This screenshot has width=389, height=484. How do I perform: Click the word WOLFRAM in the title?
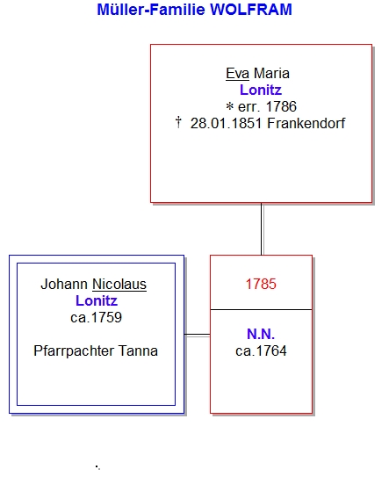coord(251,10)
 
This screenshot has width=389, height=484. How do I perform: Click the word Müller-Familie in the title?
coord(151,10)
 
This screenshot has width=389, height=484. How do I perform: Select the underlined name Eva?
coord(238,74)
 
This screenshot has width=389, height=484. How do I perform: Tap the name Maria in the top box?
coord(271,74)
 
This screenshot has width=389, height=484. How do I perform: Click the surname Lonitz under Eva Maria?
coord(261,90)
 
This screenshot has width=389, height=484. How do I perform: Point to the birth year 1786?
coord(281,107)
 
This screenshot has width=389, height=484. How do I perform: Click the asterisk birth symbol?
coord(230,107)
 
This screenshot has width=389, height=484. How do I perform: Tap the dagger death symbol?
coord(178,122)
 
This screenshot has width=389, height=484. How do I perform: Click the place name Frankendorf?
coord(306,124)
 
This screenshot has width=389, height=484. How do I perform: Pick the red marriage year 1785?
coord(261,284)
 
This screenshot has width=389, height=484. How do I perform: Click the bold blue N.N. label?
coord(261,334)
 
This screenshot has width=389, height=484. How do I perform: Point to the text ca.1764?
coord(261,351)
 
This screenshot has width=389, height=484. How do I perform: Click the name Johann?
coord(64,284)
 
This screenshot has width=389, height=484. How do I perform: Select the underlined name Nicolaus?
coord(119,284)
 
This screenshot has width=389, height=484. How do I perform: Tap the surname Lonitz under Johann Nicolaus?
coord(97,301)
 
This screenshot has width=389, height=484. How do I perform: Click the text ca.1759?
coord(97,318)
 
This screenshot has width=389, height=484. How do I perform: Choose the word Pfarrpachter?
coord(74,351)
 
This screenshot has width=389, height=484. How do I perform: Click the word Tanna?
coord(138,351)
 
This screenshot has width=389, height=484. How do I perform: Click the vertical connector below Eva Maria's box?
coord(262,229)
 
